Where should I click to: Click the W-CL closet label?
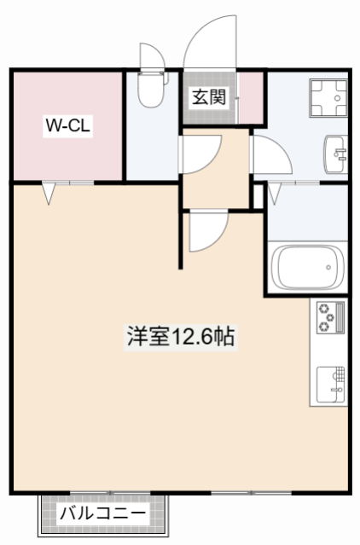pos(69,126)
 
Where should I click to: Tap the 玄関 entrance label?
pos(207,96)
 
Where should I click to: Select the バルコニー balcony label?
pos(102,514)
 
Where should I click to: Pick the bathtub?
pos(307,268)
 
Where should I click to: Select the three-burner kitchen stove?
pos(328,317)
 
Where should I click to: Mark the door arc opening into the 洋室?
pos(207,230)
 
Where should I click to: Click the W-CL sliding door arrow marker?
pos(49,194)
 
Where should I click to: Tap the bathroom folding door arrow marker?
pos(275,195)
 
